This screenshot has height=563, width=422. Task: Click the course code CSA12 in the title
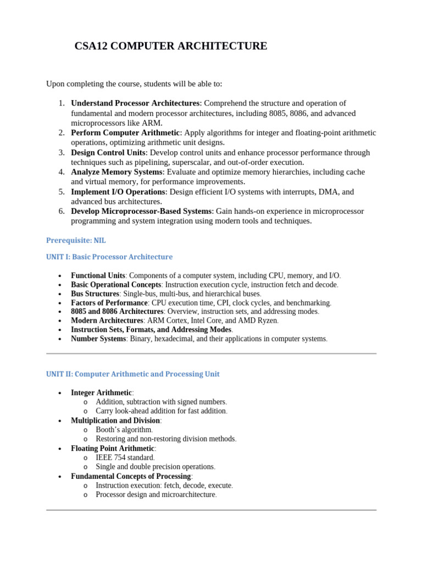[91, 46]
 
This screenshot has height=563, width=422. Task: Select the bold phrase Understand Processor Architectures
[135, 103]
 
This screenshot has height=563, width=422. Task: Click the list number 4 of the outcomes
[62, 172]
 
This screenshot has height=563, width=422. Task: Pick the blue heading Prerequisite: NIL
[76, 240]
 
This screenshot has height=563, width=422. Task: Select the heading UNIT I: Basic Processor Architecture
[109, 257]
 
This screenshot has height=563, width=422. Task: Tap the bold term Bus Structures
[95, 294]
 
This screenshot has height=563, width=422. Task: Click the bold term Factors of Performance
[109, 303]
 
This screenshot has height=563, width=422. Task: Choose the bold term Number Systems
[98, 339]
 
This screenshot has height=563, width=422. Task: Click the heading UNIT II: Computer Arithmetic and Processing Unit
[132, 374]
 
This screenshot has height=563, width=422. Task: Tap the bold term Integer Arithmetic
[101, 393]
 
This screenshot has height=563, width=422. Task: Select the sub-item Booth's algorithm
[124, 429]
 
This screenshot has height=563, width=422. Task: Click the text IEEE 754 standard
[125, 457]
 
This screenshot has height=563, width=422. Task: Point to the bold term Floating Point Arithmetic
[113, 449]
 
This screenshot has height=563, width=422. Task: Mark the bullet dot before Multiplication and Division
[59, 421]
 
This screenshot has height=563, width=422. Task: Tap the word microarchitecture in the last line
[185, 495]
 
